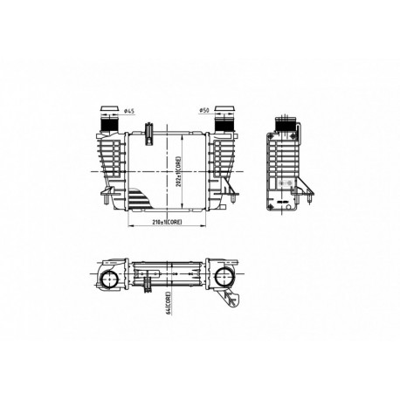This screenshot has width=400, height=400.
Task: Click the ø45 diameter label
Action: tap(129, 111)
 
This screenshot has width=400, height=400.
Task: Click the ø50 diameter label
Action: tap(203, 111)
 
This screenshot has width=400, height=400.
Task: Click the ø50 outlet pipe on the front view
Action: tap(223, 118)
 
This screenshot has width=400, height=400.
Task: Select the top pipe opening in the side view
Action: tap(287, 121)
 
